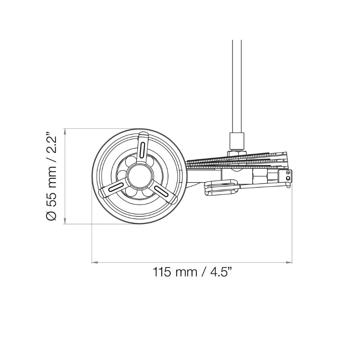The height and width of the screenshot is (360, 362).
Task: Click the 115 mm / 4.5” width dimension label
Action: click(192, 272)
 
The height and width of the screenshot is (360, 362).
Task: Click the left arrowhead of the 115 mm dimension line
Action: click(95, 262)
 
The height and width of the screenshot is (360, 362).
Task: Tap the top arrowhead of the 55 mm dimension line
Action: click(65, 132)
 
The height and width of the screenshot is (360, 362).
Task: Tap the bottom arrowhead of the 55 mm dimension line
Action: click(65, 221)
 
